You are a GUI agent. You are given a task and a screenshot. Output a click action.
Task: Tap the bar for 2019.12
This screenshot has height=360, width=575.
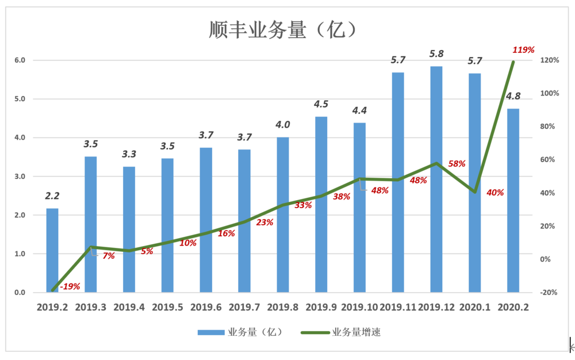436,179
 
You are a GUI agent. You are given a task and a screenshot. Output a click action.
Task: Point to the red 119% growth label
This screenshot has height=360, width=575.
524,49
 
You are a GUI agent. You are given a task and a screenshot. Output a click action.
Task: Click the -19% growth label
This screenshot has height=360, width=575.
70,286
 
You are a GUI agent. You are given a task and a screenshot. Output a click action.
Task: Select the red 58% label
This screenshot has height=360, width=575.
457,163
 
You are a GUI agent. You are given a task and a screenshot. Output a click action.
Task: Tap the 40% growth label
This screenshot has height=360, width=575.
495,193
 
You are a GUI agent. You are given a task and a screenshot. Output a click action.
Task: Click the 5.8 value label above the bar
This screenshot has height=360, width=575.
436,53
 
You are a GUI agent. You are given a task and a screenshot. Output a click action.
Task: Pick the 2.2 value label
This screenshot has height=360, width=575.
52,196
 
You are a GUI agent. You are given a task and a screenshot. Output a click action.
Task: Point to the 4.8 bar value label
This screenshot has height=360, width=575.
513,95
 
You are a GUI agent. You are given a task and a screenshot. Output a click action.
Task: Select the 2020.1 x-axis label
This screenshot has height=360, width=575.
475,308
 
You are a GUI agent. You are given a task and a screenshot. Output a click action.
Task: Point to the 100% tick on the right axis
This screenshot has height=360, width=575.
549,93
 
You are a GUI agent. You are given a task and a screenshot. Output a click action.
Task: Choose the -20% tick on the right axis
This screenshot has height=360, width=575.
549,292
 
